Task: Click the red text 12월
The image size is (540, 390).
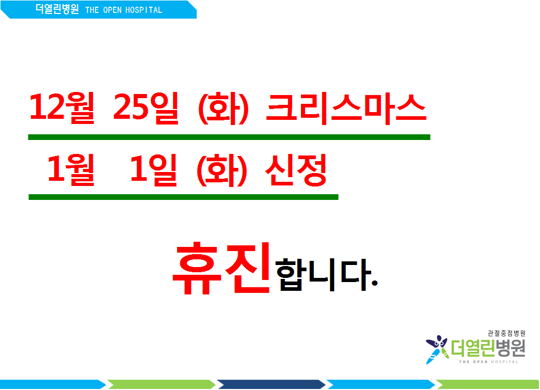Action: [62, 107]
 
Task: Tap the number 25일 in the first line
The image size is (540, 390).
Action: [146, 107]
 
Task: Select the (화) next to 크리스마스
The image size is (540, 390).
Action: [223, 108]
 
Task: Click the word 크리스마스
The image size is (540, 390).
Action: [346, 108]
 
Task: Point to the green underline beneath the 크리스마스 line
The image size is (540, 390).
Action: [229, 137]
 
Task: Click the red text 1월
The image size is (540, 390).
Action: [71, 169]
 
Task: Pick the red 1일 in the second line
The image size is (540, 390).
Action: [154, 169]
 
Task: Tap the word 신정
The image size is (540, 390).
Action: [296, 170]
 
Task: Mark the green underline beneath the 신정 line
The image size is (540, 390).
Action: [183, 197]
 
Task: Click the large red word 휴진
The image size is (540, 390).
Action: [221, 269]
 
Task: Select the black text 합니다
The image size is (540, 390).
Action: [323, 274]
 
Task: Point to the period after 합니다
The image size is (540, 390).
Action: [375, 283]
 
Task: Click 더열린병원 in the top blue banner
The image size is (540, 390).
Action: [57, 9]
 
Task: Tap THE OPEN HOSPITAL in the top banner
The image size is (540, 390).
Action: [123, 10]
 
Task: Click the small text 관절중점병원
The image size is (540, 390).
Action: [506, 333]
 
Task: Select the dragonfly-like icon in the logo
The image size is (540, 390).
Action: [437, 349]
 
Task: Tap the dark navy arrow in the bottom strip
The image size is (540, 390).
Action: [272, 384]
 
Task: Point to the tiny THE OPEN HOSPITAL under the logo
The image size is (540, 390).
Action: [488, 362]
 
